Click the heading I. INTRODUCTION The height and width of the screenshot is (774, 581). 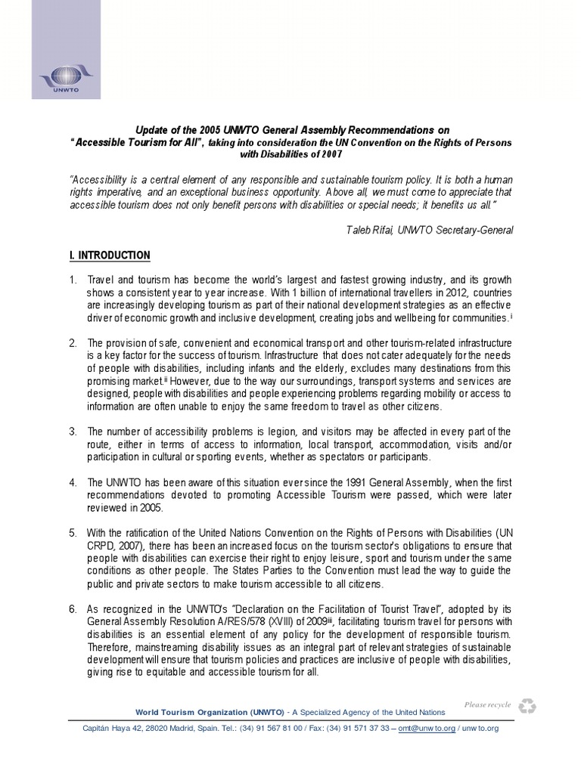click(x=110, y=255)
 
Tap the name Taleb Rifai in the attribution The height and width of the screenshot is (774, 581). click(x=367, y=230)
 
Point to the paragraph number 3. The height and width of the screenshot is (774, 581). click(x=73, y=432)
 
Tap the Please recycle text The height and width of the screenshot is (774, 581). click(x=488, y=704)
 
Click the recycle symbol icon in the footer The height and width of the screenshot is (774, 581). click(x=527, y=706)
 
